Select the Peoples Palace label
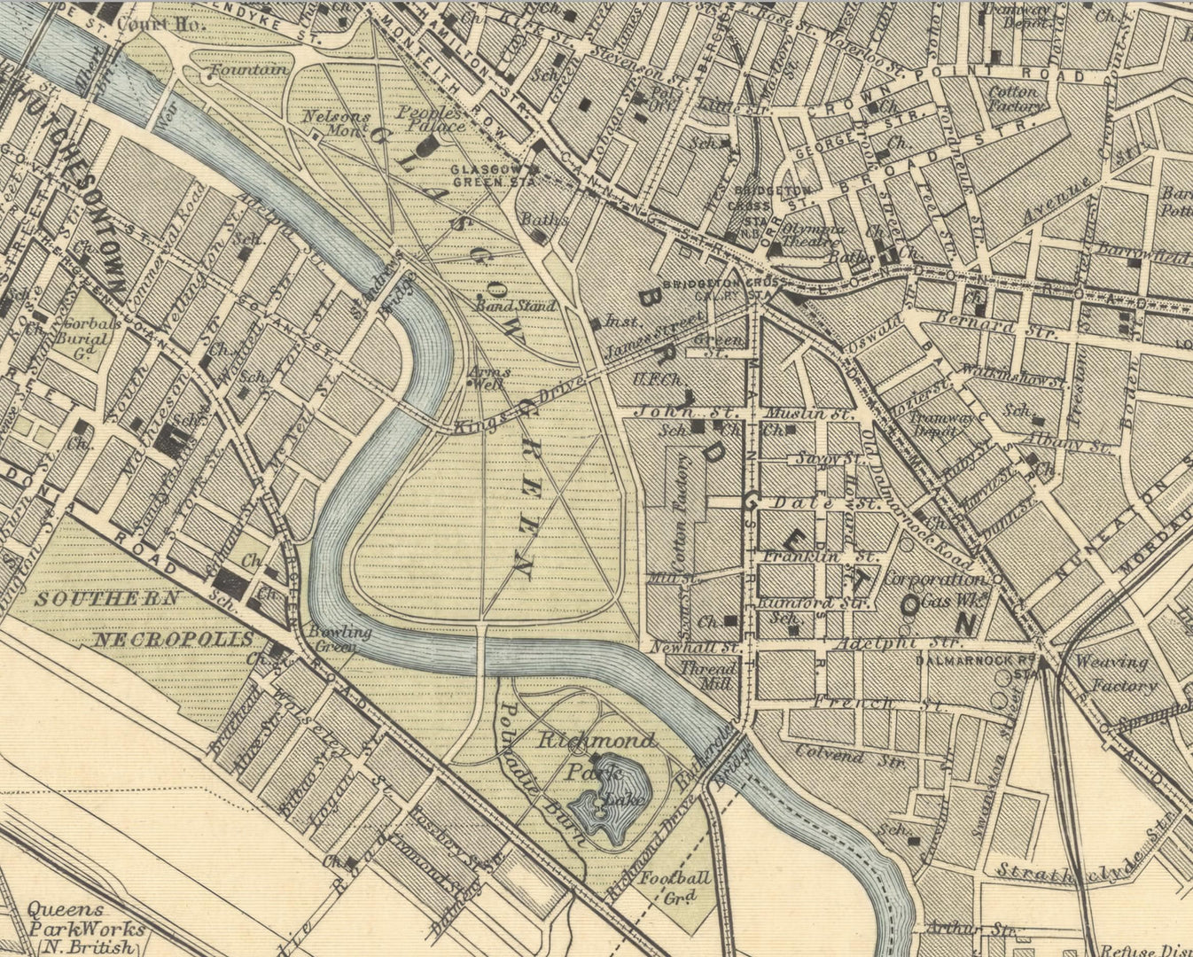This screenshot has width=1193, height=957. [430, 119]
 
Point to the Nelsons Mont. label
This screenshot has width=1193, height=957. [334, 122]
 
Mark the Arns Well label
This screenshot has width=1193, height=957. [486, 377]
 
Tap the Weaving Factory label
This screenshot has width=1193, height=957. [1115, 673]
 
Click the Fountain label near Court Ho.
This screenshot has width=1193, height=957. [250, 69]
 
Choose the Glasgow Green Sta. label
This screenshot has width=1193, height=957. [492, 175]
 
